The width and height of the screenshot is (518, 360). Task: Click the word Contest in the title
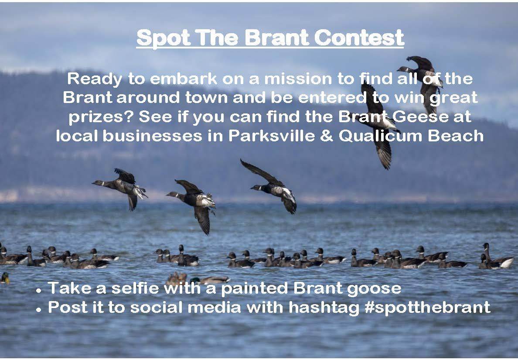coord(359,38)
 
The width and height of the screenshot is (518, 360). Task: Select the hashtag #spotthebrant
coord(427,308)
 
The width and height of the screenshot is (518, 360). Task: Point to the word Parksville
coord(272,136)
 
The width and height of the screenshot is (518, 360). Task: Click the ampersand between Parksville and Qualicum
coord(327,136)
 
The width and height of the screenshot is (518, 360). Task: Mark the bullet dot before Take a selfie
coord(39,291)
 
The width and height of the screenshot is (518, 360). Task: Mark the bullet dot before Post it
coord(39,310)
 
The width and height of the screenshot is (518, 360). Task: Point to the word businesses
coord(152,136)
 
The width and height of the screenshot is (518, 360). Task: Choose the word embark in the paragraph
coord(184,79)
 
